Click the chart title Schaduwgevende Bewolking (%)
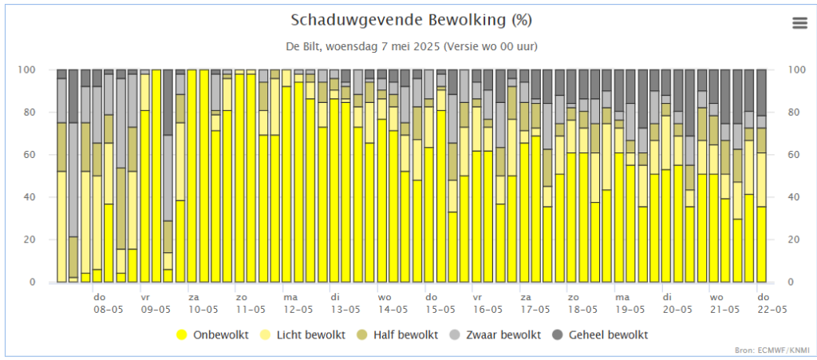click(411, 20)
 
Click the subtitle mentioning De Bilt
click(411, 46)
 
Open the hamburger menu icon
click(799, 23)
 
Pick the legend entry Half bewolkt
click(405, 334)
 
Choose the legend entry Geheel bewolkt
click(608, 334)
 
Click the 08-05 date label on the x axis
click(109, 309)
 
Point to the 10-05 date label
click(203, 309)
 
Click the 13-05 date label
click(345, 309)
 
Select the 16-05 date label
click(487, 309)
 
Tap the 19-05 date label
click(630, 309)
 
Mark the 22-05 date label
click(771, 309)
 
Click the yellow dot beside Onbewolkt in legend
click(182, 334)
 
